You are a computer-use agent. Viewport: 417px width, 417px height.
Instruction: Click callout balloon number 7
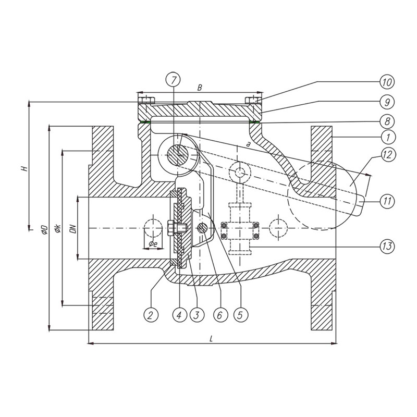click(x=173, y=80)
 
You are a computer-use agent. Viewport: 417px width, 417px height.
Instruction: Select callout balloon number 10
click(x=387, y=82)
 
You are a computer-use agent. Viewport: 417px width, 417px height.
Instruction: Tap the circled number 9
click(x=387, y=102)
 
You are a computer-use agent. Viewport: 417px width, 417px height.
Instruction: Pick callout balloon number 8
click(x=387, y=121)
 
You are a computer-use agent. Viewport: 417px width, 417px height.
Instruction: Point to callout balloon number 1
click(x=388, y=138)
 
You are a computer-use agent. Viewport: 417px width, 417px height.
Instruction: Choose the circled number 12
click(x=388, y=154)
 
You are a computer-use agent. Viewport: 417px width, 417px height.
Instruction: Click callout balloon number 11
click(x=387, y=201)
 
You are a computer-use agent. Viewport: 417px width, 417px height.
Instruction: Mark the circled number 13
click(x=387, y=246)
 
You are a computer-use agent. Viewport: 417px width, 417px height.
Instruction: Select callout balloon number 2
click(x=151, y=315)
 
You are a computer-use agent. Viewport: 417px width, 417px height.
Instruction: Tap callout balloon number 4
click(x=179, y=315)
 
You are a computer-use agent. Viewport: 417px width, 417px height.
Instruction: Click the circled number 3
click(x=197, y=315)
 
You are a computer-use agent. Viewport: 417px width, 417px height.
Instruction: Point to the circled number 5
click(x=240, y=315)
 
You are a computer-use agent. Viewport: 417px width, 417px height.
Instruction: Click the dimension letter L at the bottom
click(x=212, y=338)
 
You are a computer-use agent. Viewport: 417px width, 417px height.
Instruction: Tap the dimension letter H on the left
click(x=24, y=168)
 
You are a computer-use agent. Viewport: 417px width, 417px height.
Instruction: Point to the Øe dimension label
click(x=152, y=244)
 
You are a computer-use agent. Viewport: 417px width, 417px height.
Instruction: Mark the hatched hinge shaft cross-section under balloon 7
click(x=177, y=155)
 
